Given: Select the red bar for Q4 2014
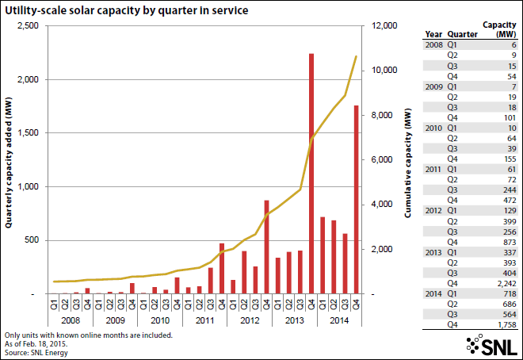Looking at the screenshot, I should click(x=356, y=199).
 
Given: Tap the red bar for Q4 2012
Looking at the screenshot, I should click(x=266, y=247).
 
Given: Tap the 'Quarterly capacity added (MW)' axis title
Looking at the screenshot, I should click(x=10, y=159).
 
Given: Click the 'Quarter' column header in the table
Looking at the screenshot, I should click(x=461, y=35).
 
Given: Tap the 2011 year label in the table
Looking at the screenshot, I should click(x=433, y=170).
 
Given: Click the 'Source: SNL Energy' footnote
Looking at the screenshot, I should click(x=36, y=351).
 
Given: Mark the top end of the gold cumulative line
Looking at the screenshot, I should click(x=356, y=56).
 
